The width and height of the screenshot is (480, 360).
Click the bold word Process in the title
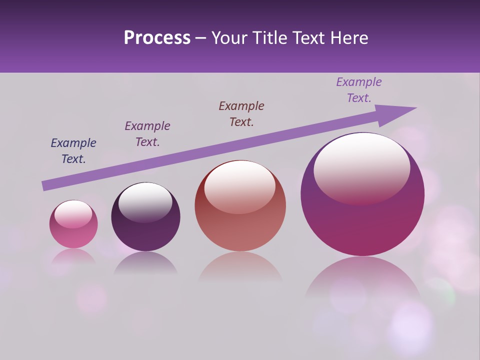[157, 38]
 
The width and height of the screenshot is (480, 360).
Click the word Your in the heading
[228, 38]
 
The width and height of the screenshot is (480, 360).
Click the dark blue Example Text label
[73, 151]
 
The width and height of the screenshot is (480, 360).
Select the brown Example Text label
[241, 113]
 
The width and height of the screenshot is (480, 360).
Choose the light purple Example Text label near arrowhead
[359, 90]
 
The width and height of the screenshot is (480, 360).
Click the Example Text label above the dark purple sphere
[147, 134]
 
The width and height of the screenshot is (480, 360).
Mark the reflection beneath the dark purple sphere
[145, 263]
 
